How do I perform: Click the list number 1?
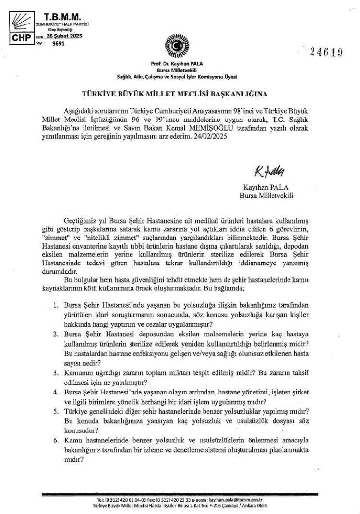coord(56,305)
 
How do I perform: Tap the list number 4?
coord(56,392)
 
